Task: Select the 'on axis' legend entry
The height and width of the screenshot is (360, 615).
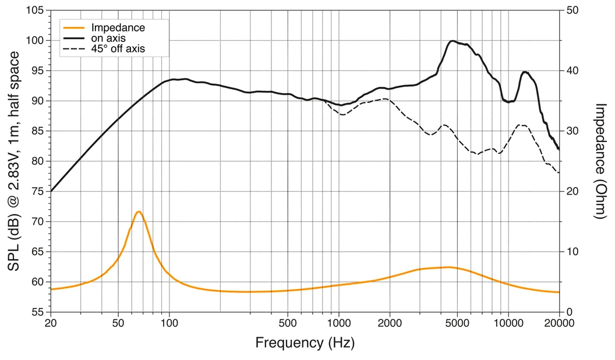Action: click(x=109, y=38)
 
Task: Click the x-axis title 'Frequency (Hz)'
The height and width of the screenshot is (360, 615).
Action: click(x=305, y=343)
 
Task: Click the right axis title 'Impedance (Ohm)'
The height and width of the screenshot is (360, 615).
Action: click(x=600, y=161)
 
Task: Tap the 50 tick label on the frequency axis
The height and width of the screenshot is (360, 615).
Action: click(x=118, y=323)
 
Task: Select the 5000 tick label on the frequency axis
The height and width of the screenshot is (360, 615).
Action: click(x=457, y=323)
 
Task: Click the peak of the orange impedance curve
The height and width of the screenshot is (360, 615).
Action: click(x=139, y=211)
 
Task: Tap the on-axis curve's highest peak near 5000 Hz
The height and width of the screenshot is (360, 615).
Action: click(x=453, y=41)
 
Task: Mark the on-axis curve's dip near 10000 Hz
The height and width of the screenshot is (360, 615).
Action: click(x=508, y=102)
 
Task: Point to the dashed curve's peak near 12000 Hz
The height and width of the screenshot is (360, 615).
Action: click(x=522, y=125)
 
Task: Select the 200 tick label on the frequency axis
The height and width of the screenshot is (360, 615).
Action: click(x=220, y=323)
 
